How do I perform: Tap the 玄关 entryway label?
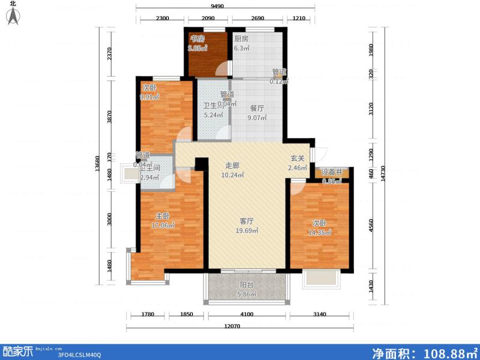click(x=298, y=158)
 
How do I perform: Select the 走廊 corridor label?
click(x=233, y=166)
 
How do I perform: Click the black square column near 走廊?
click(x=202, y=163)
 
